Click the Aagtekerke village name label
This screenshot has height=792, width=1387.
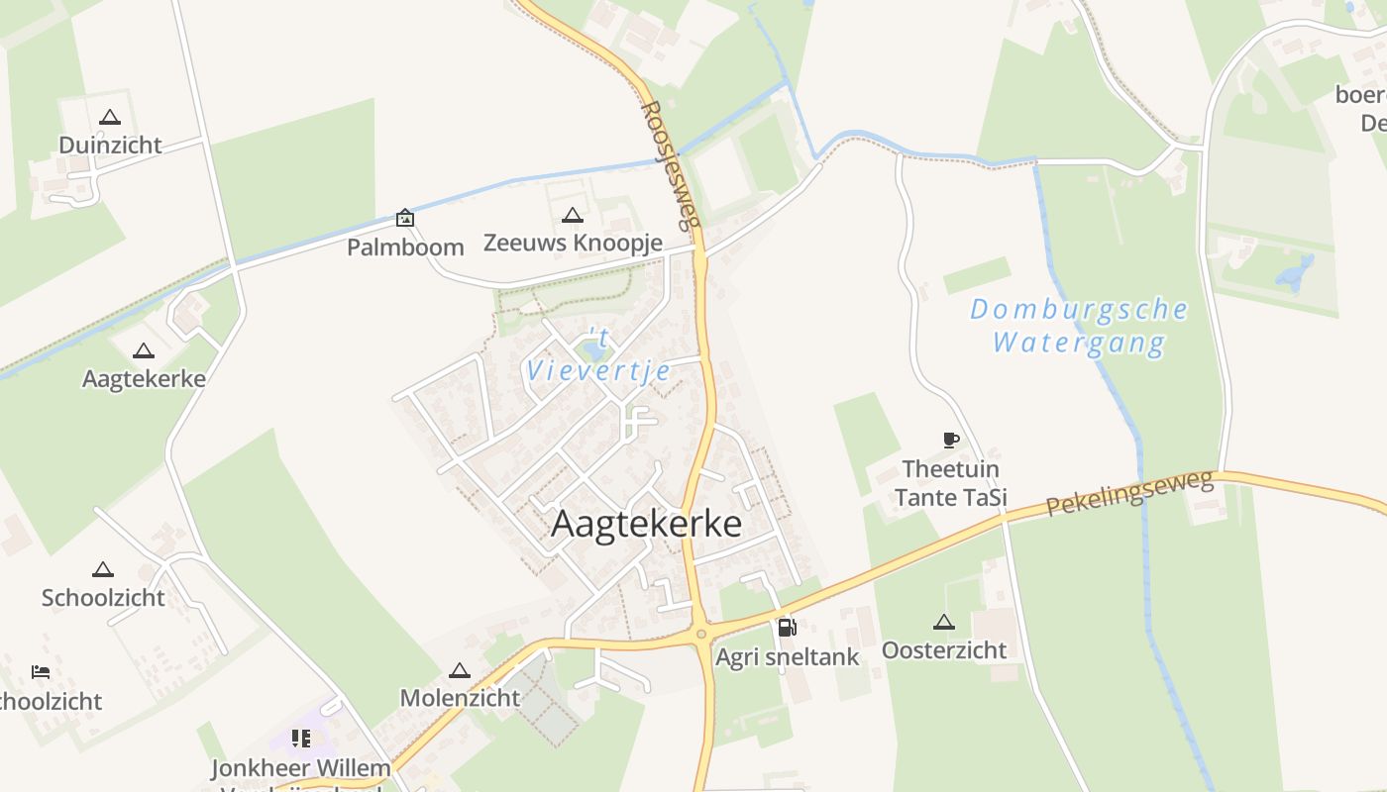coord(646,524)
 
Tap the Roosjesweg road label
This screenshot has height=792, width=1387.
coord(671,163)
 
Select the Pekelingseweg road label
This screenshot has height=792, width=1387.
coord(1129,493)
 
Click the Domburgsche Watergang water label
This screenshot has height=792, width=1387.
coord(1078,326)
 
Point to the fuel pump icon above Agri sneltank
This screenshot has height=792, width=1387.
coord(787,627)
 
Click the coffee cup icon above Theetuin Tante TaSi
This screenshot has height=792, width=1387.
coord(950,440)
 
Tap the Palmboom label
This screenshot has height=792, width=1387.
coord(405,247)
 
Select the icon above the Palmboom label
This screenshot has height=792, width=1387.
coord(405,218)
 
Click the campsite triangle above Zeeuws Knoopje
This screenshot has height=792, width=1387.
coord(572,215)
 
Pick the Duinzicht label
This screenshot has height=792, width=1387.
coord(110,146)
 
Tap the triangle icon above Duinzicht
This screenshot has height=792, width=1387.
coord(110,117)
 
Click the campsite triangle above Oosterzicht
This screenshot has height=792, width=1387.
coord(943,622)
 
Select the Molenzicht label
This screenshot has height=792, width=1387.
coord(459,698)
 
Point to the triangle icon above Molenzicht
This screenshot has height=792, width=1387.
coord(459,670)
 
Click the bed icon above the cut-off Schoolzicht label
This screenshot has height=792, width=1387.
coord(41,672)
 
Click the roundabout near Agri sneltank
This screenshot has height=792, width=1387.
coord(701,634)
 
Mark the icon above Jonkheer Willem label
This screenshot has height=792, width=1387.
coord(301,738)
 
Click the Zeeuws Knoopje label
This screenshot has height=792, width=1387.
coord(573,243)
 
